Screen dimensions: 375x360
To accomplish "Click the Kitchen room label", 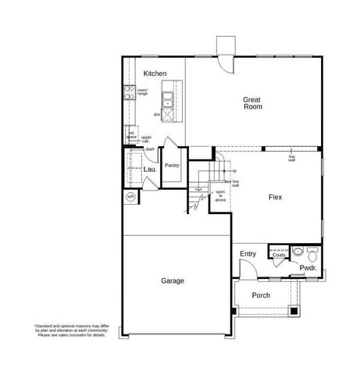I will [x=155, y=73].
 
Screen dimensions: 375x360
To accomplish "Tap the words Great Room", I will [x=251, y=103].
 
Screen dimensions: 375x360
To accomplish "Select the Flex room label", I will [x=274, y=198].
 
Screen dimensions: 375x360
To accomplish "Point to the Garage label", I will [x=173, y=280].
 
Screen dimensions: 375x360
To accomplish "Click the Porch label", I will [x=260, y=296].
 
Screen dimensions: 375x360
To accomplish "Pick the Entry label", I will [x=248, y=254].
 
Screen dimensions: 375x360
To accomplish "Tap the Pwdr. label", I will [x=307, y=269].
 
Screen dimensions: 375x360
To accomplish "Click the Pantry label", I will [x=172, y=166].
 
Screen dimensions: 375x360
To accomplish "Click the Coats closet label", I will [x=279, y=254].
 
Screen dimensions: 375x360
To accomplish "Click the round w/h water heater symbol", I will [x=130, y=196].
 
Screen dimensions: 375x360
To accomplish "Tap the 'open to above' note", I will [x=221, y=195].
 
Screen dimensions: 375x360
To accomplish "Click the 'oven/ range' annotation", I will [x=142, y=91].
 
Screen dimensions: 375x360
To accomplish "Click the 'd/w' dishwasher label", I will [x=156, y=114].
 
